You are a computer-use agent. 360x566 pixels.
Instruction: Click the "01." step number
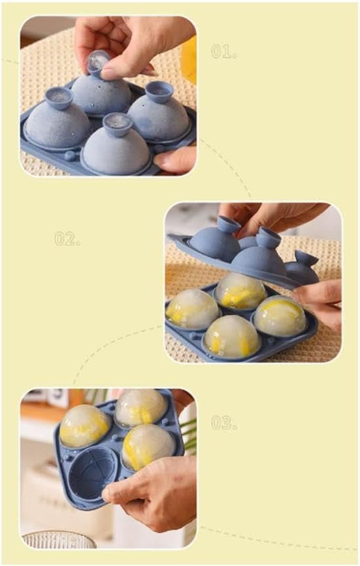point(223,52)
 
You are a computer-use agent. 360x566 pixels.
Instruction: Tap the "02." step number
point(67,239)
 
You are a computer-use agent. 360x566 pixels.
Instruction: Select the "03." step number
point(224,423)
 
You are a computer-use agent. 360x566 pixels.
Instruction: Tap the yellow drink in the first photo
point(189,58)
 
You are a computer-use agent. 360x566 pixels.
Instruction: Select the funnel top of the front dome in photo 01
point(118,124)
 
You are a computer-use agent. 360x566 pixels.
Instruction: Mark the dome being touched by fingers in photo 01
point(101,95)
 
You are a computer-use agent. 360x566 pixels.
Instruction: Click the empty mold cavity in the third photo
point(93,473)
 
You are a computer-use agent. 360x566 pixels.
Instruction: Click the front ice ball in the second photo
point(232,337)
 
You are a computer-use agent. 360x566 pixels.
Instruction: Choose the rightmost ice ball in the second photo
point(280,316)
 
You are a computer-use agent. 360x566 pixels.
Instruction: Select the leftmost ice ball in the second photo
point(192,309)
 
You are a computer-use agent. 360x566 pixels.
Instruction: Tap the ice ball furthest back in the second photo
point(240,291)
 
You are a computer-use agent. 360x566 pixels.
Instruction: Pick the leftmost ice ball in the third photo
point(85,426)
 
